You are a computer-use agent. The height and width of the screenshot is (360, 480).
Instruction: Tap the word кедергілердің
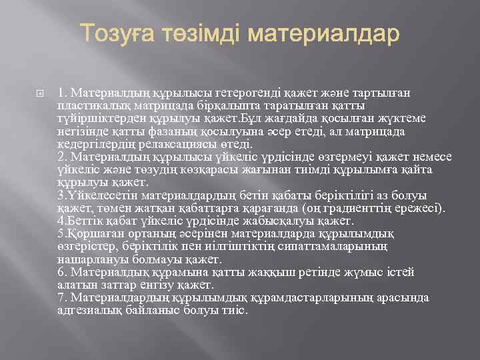(92, 144)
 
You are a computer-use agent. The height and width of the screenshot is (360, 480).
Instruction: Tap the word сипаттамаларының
(333, 247)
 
